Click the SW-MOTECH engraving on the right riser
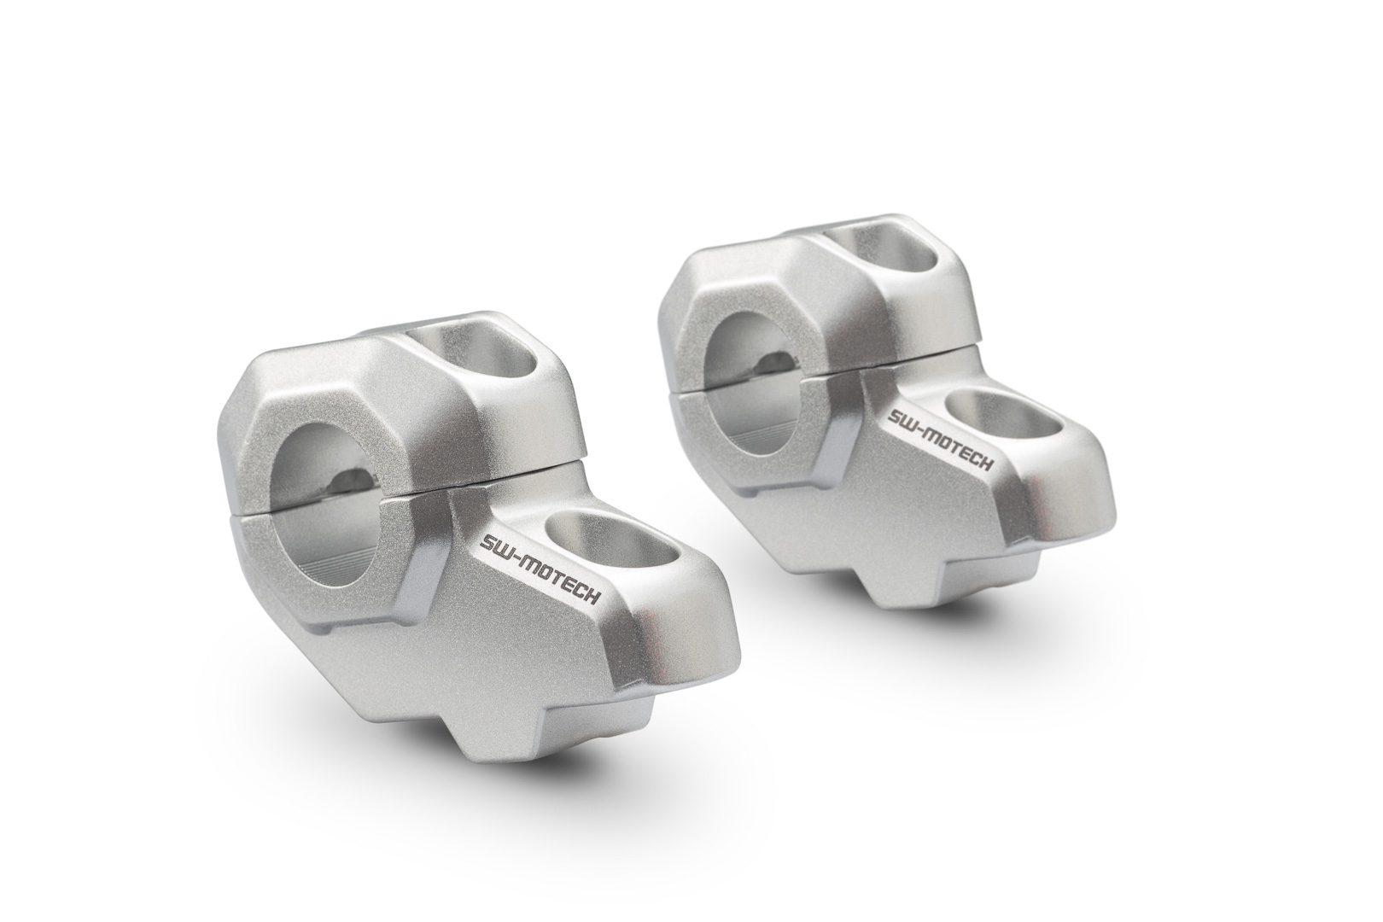tap(940, 441)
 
